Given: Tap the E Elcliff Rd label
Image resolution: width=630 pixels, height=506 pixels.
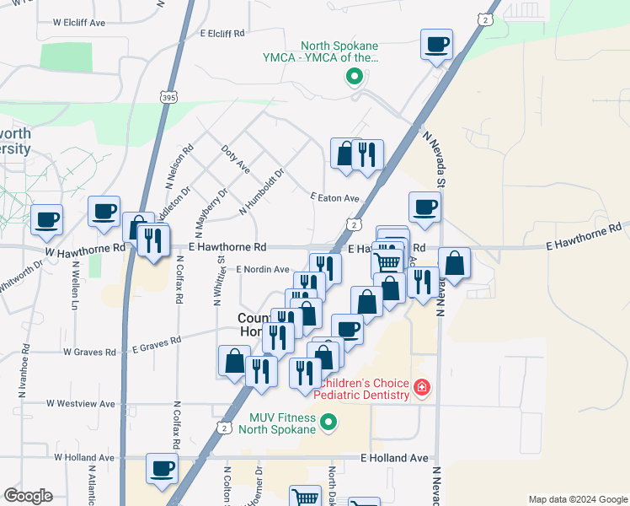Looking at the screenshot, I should [x=222, y=33].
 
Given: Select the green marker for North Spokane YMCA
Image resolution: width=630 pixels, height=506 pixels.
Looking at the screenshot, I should [x=355, y=78].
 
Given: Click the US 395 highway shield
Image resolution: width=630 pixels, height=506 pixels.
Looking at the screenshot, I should [x=168, y=98].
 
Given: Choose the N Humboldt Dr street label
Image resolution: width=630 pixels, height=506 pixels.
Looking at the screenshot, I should [x=262, y=191].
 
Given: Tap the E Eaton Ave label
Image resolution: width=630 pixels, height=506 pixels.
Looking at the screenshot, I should [x=334, y=198].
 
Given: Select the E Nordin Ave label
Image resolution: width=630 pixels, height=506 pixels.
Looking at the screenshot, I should [x=262, y=269].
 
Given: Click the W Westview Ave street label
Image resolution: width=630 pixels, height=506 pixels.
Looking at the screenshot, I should [x=80, y=404].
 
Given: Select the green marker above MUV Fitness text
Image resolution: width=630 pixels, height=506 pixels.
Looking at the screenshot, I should [x=329, y=422].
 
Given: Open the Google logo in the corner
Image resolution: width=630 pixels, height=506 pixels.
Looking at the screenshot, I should [x=28, y=496].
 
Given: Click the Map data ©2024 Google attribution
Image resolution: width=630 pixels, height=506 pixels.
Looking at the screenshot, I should [x=578, y=499].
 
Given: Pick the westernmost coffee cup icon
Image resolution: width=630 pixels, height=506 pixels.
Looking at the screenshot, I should [x=47, y=219].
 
